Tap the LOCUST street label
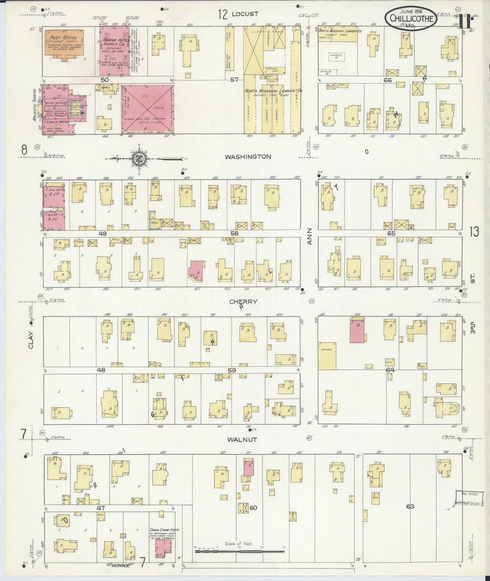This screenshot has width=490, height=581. [245, 14]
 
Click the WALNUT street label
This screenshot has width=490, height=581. [242, 440]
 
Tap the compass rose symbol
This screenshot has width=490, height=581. [140, 158]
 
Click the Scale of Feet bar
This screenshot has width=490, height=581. [239, 552]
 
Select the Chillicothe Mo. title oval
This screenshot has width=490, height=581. [411, 18]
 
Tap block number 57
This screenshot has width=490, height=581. [234, 80]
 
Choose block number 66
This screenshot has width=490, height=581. [388, 80]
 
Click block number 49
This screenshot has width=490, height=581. [102, 234]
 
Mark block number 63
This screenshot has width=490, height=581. [410, 507]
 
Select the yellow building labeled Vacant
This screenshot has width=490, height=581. [327, 356]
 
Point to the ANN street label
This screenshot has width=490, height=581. [309, 241]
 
